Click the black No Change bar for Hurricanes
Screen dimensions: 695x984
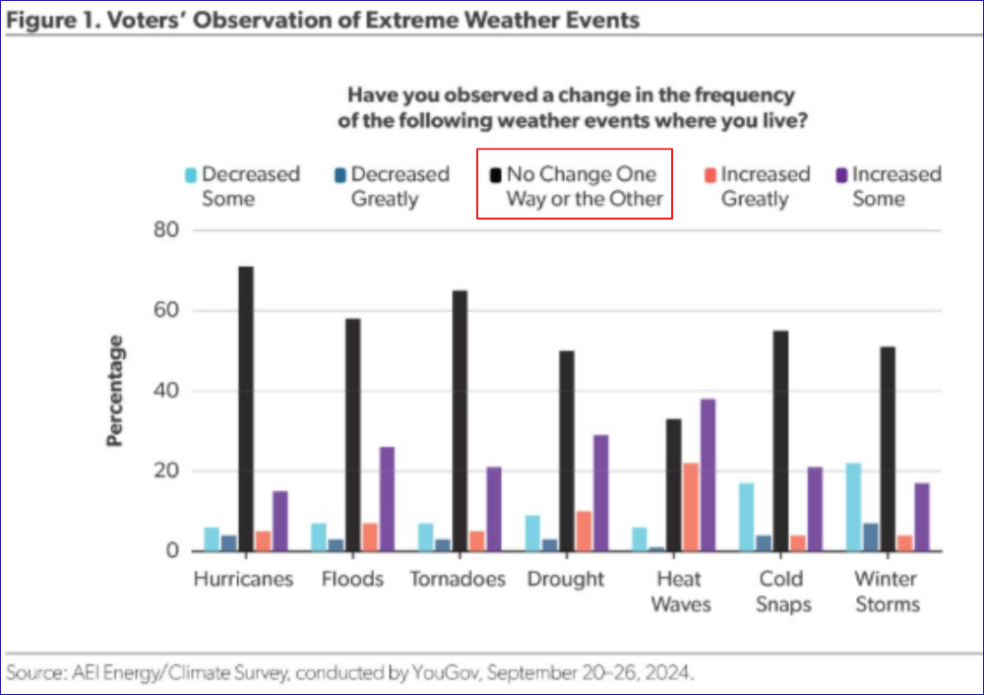[245, 409]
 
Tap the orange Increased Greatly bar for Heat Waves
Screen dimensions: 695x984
[691, 506]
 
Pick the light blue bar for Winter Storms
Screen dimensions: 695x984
[853, 506]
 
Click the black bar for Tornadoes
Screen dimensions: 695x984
[460, 420]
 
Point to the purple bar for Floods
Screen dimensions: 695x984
[387, 498]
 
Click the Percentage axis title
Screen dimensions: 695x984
[115, 391]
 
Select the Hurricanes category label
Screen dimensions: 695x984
[244, 579]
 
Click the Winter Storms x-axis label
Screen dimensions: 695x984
[887, 591]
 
